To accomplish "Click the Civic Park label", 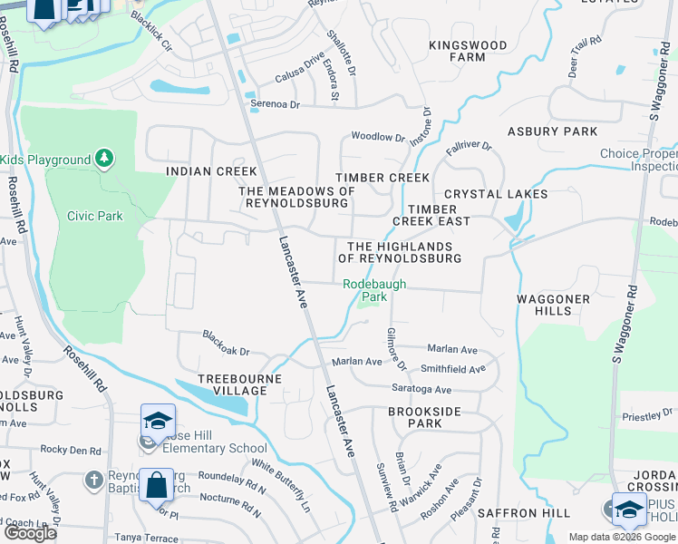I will [94, 216].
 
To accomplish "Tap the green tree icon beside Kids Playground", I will [105, 160].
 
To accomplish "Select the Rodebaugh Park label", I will [373, 290].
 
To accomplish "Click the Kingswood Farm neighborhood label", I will [469, 51].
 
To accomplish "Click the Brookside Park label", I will [426, 417].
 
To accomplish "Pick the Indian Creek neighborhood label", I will [211, 171].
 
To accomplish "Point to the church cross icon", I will [93, 480].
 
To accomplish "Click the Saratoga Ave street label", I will [421, 389].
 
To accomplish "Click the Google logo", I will [30, 533].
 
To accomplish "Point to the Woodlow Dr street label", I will [377, 137].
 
